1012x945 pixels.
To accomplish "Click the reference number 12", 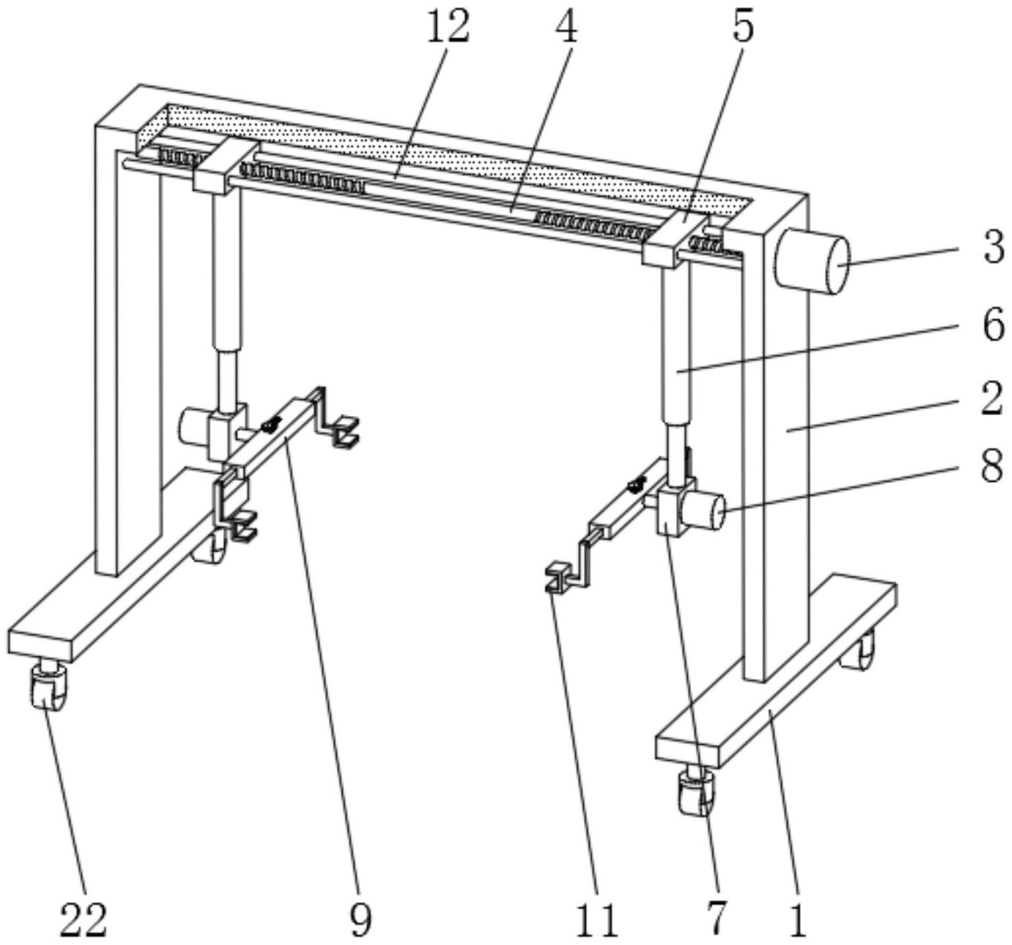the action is point(447,28).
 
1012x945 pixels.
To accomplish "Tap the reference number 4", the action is point(566,28).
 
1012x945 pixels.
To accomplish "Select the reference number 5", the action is point(743,28).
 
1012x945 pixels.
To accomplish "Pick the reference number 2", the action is point(992,399).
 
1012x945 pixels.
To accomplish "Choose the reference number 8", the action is point(992,466).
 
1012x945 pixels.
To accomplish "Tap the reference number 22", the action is point(83,920).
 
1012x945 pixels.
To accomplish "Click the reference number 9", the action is point(361,920).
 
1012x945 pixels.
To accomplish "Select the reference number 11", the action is point(597,920).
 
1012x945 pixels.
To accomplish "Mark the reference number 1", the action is point(798,920).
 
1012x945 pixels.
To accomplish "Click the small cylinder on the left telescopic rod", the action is point(194,426).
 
